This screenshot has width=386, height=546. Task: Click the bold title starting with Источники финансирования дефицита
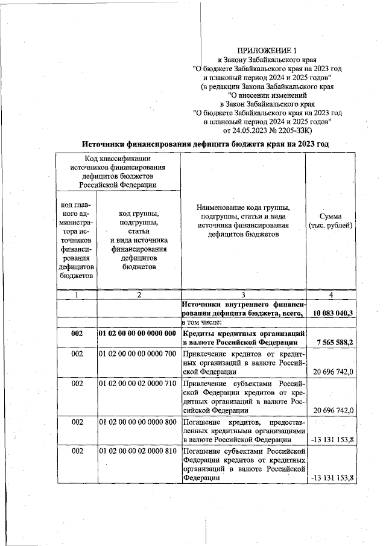(206, 144)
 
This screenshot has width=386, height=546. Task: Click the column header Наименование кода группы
(242, 221)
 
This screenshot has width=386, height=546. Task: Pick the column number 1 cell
(77, 295)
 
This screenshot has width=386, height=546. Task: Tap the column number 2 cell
(139, 295)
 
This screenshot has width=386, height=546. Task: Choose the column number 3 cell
(243, 295)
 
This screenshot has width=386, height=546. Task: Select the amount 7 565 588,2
(334, 341)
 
